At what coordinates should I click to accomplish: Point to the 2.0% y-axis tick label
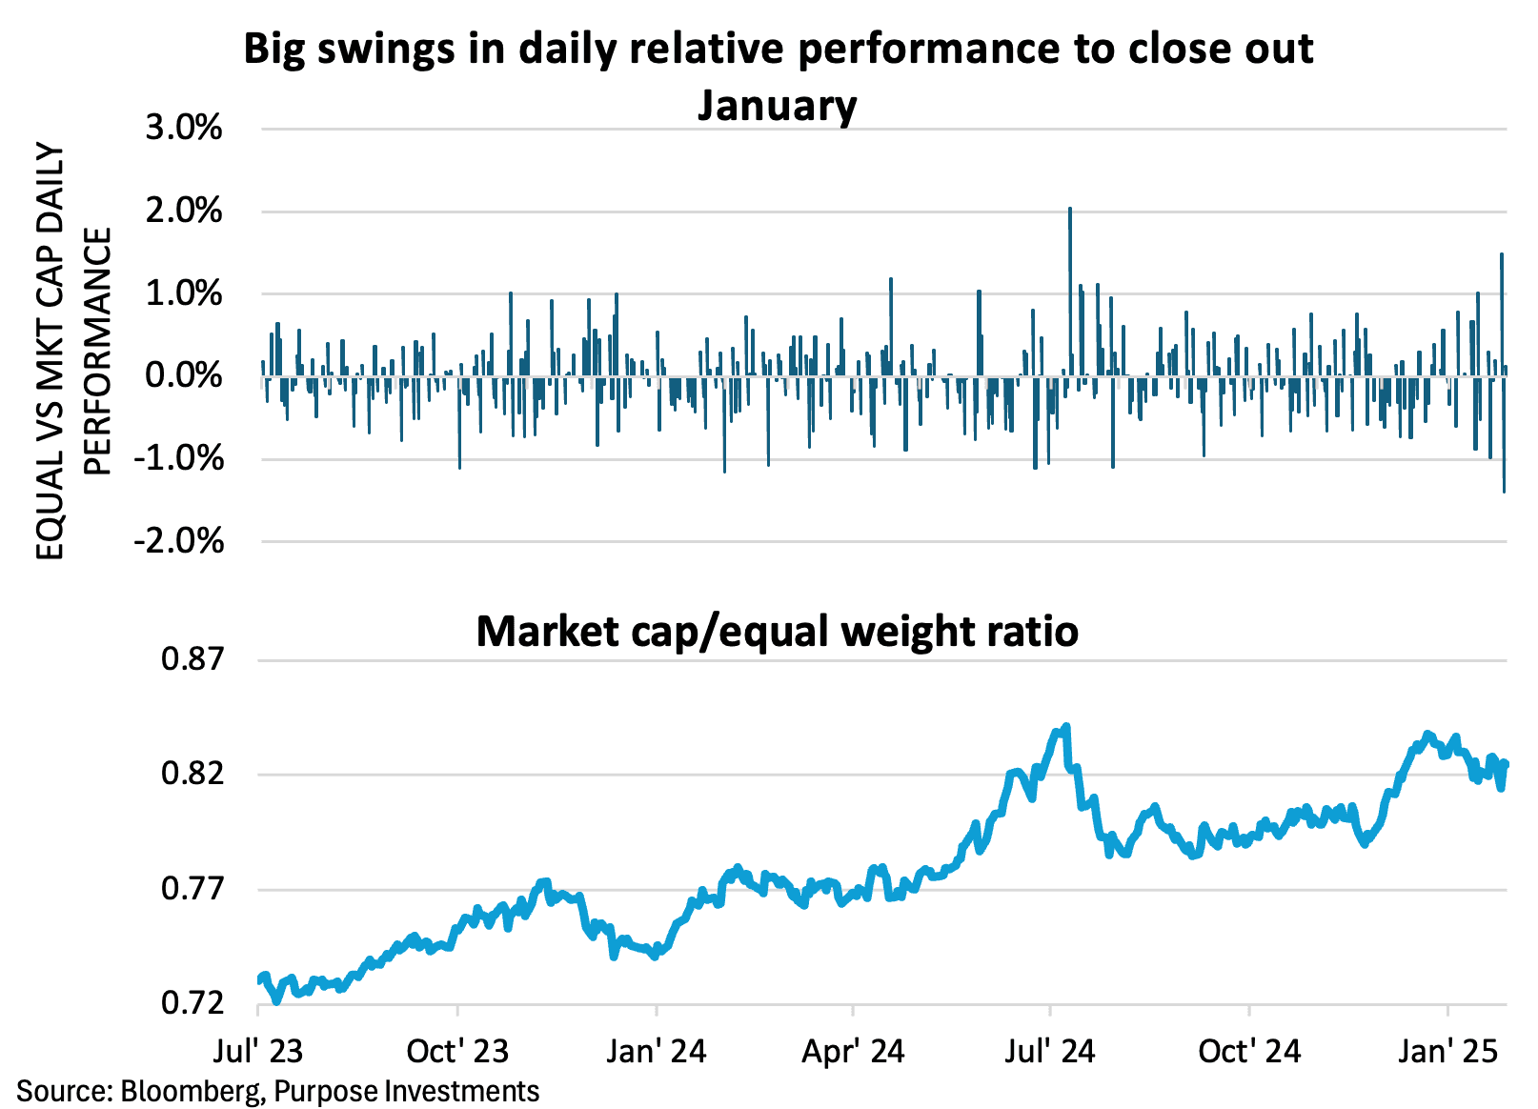click(x=184, y=211)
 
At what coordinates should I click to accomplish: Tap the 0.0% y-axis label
click(x=184, y=375)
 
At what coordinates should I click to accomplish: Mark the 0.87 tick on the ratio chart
click(x=192, y=659)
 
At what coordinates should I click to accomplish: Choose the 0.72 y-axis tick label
click(x=192, y=1003)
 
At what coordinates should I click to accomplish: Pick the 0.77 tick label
click(x=192, y=889)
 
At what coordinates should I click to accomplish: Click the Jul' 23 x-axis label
click(x=258, y=1051)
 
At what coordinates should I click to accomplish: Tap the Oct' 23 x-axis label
click(x=457, y=1051)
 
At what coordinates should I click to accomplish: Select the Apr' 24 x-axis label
click(x=853, y=1051)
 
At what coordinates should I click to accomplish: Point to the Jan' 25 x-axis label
click(x=1447, y=1051)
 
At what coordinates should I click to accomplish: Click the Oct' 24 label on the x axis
click(x=1249, y=1051)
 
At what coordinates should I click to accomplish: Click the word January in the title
click(x=777, y=105)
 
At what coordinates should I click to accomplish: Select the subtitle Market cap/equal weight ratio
click(x=777, y=632)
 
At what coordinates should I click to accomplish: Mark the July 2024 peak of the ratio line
click(x=1065, y=727)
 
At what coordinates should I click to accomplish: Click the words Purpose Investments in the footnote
click(x=407, y=1090)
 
